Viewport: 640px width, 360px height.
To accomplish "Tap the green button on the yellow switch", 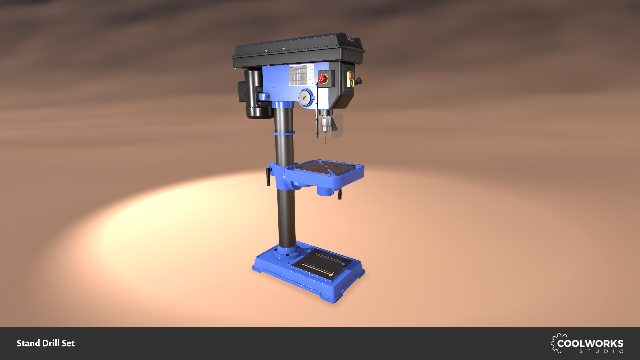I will (x=351, y=82).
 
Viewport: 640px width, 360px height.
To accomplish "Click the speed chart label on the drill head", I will (x=297, y=75).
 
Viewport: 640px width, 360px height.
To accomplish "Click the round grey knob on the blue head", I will (x=304, y=98).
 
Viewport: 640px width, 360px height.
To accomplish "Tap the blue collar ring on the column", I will (x=284, y=133).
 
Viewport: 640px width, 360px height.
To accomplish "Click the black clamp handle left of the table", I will (x=268, y=177).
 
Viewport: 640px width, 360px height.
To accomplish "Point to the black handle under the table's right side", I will (x=340, y=194).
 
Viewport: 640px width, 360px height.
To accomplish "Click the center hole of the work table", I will (x=326, y=166).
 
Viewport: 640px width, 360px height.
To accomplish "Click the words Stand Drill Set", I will (x=46, y=343).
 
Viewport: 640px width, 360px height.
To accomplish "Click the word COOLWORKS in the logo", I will (x=590, y=343).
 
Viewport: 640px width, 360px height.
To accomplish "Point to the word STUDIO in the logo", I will (x=601, y=351).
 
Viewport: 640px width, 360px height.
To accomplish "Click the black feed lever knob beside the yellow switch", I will (x=359, y=81).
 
